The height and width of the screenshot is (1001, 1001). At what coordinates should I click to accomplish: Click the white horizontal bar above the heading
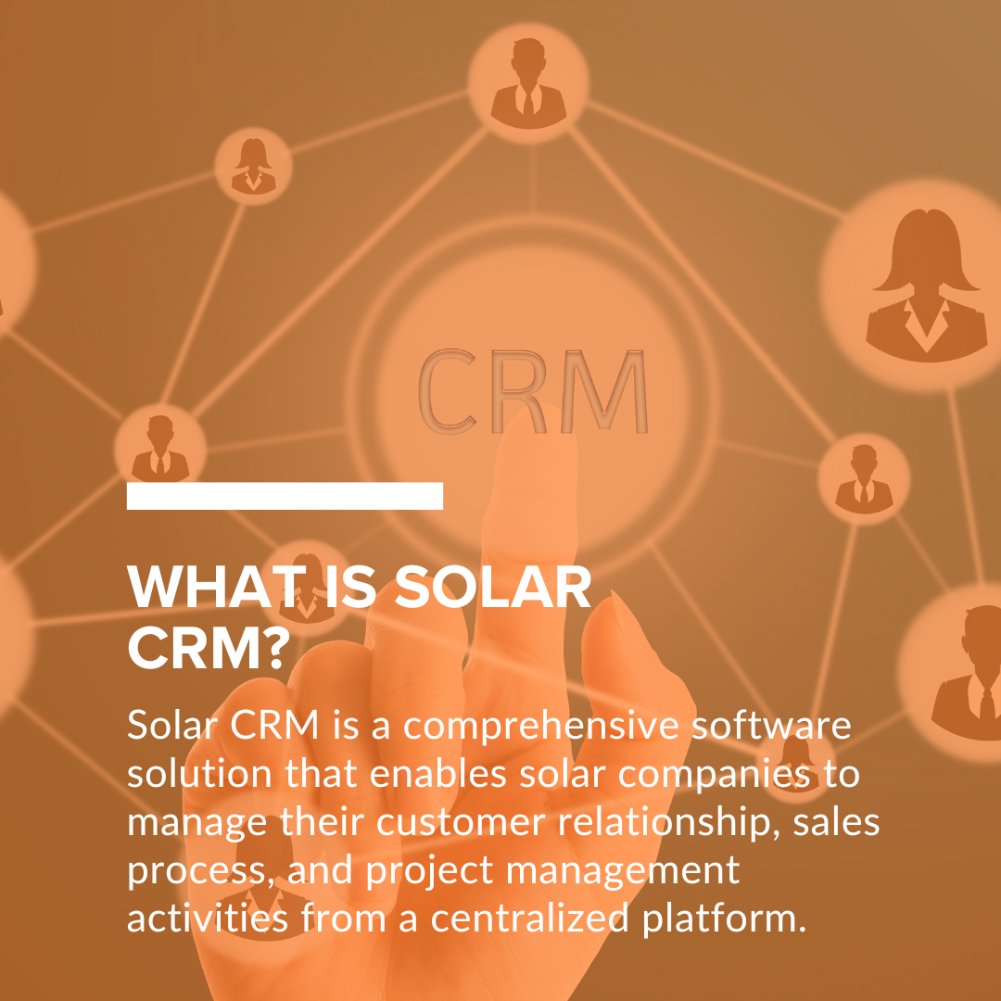(285, 496)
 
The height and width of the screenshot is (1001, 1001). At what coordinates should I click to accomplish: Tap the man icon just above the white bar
(159, 448)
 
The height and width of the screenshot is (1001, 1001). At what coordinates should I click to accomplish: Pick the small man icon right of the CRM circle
(863, 478)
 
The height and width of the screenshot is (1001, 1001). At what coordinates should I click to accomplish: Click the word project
(422, 871)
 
